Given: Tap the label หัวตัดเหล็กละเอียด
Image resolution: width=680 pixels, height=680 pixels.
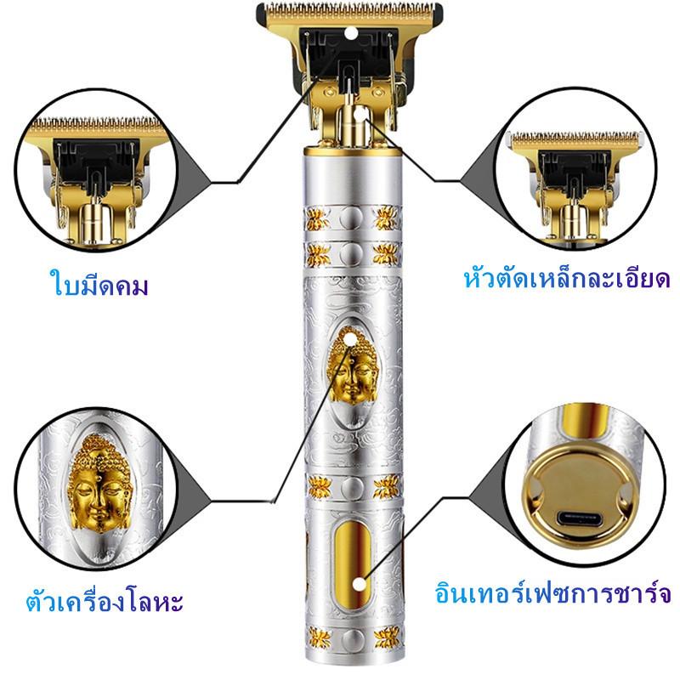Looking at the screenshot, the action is pyautogui.click(x=566, y=279).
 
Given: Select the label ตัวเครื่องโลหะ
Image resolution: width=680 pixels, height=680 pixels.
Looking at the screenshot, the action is pyautogui.click(x=105, y=601).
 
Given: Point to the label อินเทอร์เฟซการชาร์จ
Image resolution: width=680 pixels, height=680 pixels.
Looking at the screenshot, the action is pyautogui.click(x=553, y=592).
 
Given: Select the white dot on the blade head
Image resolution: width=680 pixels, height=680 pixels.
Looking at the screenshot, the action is pyautogui.click(x=351, y=32).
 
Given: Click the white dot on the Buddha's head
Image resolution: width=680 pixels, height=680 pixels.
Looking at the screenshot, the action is pyautogui.click(x=349, y=338).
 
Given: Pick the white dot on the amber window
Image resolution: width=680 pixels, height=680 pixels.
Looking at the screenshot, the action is pyautogui.click(x=359, y=585).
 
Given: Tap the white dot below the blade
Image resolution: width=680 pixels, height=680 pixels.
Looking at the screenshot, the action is pyautogui.click(x=360, y=115).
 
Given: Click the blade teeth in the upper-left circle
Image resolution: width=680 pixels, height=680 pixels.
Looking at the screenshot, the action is pyautogui.click(x=98, y=125).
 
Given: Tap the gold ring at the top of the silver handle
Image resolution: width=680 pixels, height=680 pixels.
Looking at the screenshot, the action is pyautogui.click(x=353, y=151).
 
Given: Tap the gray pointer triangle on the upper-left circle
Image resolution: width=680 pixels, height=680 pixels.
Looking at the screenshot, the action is pyautogui.click(x=191, y=173).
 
